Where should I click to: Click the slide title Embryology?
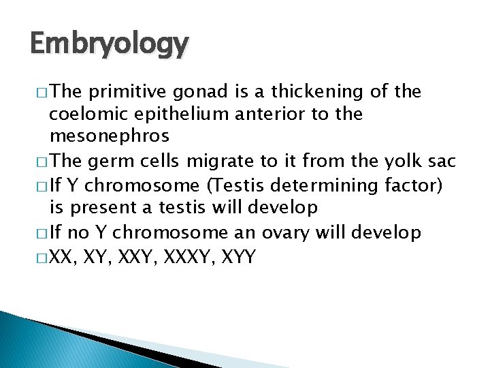pos(110,44)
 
